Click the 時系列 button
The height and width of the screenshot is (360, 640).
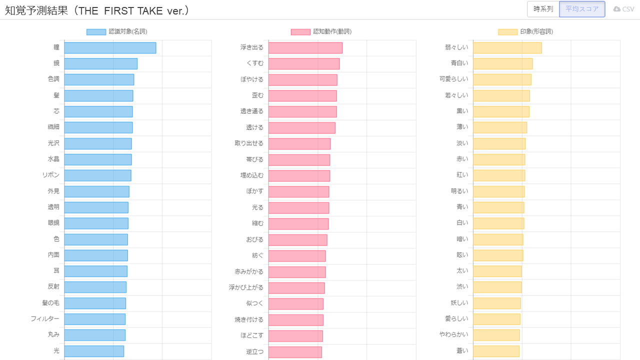click(543, 9)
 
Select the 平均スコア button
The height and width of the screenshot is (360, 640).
click(582, 9)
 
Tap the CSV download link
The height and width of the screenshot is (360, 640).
click(623, 9)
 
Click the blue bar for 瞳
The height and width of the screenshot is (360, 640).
click(110, 48)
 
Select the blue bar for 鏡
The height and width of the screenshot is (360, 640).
click(100, 64)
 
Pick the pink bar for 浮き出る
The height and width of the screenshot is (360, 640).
click(305, 48)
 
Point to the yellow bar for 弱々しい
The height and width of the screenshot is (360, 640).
click(507, 48)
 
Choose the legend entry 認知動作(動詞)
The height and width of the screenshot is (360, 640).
click(321, 31)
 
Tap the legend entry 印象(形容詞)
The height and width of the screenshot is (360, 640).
click(525, 31)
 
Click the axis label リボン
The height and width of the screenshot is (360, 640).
click(51, 175)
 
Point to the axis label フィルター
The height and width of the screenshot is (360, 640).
click(45, 319)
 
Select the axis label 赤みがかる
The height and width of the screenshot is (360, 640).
click(249, 271)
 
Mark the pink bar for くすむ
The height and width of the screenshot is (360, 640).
click(304, 64)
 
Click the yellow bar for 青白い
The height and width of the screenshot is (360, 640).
click(502, 64)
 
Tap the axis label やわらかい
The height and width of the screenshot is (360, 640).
click(454, 335)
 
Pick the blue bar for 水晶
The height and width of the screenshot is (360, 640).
click(97, 159)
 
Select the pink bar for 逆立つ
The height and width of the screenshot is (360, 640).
click(295, 351)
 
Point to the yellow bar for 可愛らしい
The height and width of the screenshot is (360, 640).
click(502, 80)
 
